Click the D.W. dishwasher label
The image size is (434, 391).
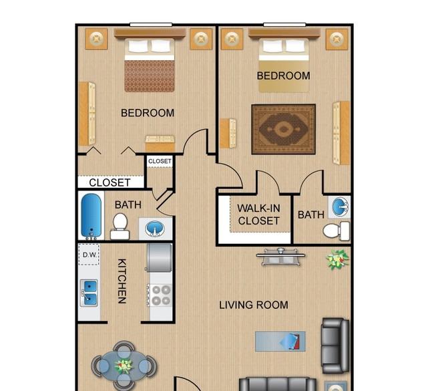89,255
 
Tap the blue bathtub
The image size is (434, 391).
91,216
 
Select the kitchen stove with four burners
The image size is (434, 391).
160,295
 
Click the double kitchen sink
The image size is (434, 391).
89,293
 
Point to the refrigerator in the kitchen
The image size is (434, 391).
159,258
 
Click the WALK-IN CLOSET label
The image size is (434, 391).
258,215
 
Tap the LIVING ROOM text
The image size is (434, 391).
254,305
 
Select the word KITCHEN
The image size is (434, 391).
122,281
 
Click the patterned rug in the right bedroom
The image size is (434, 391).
283,129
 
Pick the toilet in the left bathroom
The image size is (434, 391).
120,226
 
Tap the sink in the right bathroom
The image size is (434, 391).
340,207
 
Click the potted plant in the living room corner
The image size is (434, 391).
337,259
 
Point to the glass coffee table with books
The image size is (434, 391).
280,342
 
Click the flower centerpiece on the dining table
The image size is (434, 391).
124,366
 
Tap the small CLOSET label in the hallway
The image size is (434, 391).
160,161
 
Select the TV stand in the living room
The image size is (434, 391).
280,257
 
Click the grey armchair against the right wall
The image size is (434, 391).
335,346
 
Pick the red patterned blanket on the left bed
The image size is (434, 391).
150,76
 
